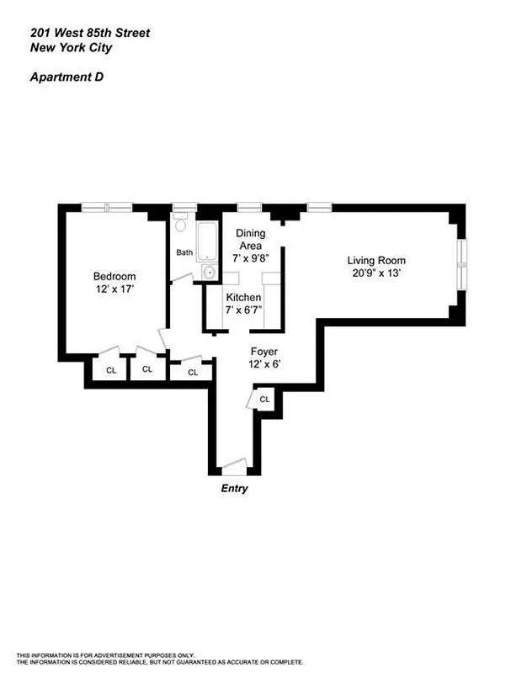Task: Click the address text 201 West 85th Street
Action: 92,33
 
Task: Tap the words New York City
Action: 71,48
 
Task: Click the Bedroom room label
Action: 114,276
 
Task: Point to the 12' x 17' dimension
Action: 114,289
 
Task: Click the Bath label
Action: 184,252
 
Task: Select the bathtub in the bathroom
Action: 207,243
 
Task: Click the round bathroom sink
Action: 208,273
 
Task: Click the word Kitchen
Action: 243,298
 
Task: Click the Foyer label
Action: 263,351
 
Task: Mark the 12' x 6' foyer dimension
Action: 263,364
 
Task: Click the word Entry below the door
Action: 234,489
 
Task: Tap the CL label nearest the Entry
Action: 264,399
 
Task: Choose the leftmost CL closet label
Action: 110,369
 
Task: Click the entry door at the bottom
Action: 232,464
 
